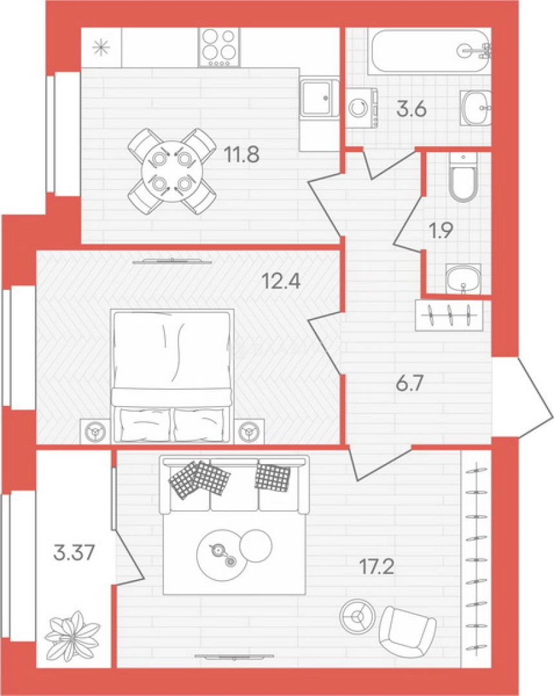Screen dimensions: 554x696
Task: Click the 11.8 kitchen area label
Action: click(242, 155)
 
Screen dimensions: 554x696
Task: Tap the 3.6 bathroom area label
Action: click(412, 109)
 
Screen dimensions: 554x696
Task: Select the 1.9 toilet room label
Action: click(440, 230)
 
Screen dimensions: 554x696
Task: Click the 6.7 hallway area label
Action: click(410, 383)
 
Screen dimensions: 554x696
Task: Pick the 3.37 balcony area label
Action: click(74, 553)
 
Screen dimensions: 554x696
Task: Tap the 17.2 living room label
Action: click(377, 567)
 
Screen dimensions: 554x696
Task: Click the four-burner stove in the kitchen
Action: click(219, 47)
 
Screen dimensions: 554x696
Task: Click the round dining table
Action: click(172, 171)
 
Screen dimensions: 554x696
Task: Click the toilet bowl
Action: click(463, 178)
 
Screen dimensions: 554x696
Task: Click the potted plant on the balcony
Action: click(72, 637)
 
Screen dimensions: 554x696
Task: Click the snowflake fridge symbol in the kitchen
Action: click(101, 48)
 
